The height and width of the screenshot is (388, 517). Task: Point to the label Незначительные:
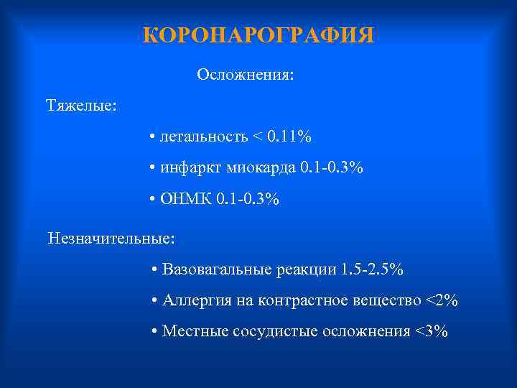point(111,236)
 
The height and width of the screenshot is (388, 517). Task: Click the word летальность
point(204,137)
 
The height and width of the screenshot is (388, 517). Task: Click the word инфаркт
point(191,168)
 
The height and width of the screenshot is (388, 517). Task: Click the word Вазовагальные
point(216,270)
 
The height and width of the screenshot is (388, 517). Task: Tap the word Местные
point(189,331)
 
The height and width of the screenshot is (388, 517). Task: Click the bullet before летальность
point(154,137)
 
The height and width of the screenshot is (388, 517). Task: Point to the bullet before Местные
point(156,332)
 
